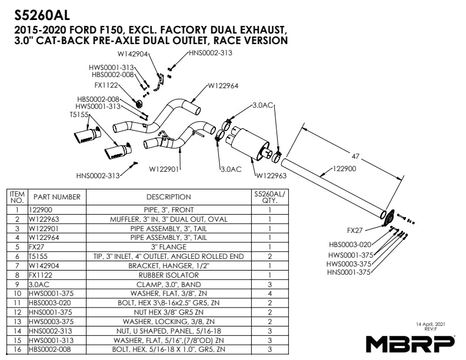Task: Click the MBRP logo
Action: pyautogui.click(x=411, y=344)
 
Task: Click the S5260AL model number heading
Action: pyautogui.click(x=42, y=15)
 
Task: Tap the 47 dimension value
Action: pyautogui.click(x=355, y=156)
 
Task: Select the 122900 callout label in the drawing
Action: pyautogui.click(x=344, y=169)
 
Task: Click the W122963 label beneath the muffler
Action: pyautogui.click(x=271, y=176)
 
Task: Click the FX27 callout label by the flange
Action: pyautogui.click(x=355, y=230)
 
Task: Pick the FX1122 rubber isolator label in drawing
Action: pyautogui.click(x=106, y=85)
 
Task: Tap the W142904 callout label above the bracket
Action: pyautogui.click(x=132, y=54)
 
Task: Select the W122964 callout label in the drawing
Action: pyautogui.click(x=223, y=86)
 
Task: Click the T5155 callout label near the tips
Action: pyautogui.click(x=79, y=114)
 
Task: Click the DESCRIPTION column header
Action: pyautogui.click(x=168, y=197)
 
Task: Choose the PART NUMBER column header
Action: pyautogui.click(x=56, y=197)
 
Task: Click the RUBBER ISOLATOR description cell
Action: pyautogui.click(x=168, y=275)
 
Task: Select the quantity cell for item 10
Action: pyautogui.click(x=269, y=294)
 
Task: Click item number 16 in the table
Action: pyautogui.click(x=18, y=349)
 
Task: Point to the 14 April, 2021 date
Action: pyautogui.click(x=431, y=324)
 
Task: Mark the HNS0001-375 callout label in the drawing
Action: pyautogui.click(x=348, y=272)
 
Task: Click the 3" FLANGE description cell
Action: pyautogui.click(x=168, y=247)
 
